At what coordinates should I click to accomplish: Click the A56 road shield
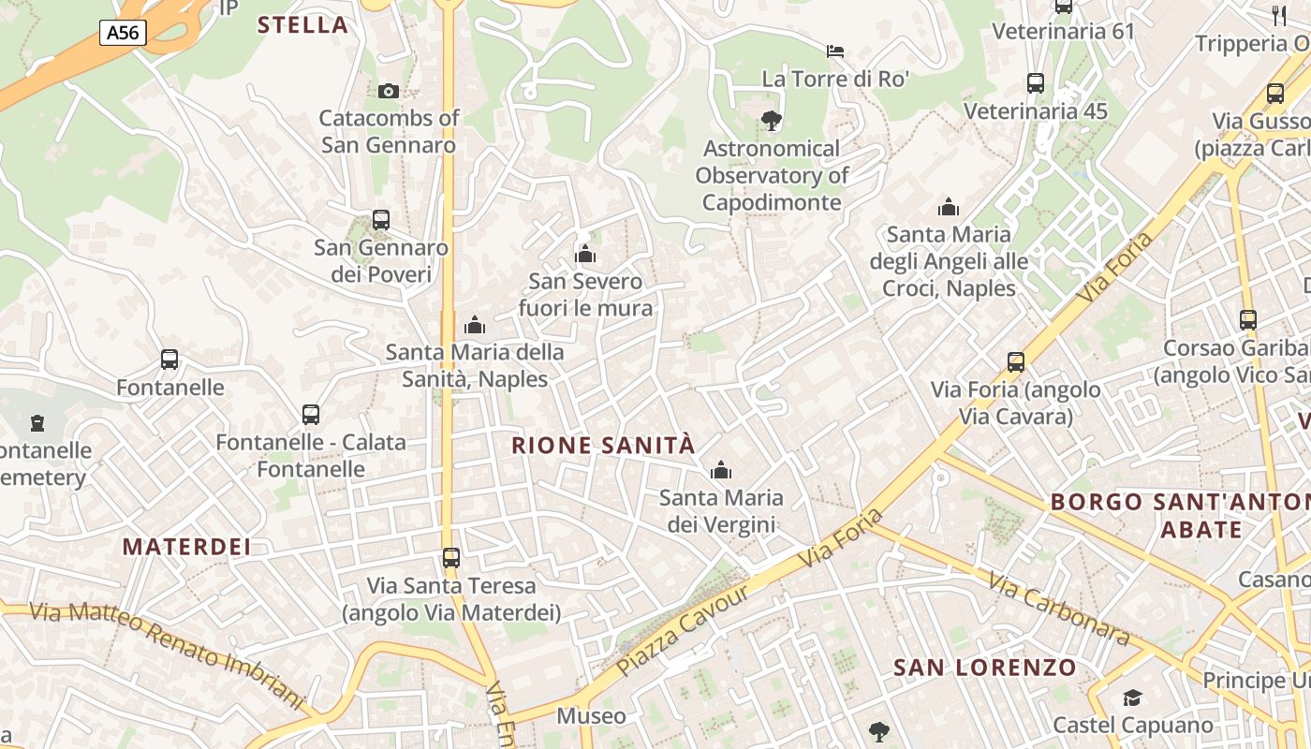(123, 33)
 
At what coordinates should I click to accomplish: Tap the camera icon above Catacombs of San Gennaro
(389, 91)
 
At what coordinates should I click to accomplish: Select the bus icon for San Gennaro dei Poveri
(381, 220)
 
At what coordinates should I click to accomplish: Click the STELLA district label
(302, 25)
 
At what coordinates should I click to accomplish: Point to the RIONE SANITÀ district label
(604, 446)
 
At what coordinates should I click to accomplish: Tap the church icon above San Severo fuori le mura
(585, 254)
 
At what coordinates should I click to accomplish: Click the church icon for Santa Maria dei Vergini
(721, 470)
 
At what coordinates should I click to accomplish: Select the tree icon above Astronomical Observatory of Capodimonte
(772, 120)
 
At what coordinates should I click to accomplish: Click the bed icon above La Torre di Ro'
(835, 51)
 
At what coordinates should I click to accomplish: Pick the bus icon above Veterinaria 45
(1036, 83)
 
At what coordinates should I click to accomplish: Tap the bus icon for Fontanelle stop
(169, 360)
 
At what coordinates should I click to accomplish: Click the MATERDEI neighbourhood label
(187, 547)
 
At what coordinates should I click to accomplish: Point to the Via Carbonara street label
(1059, 609)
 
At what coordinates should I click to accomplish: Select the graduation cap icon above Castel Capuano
(1133, 698)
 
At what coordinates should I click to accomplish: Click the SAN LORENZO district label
(985, 668)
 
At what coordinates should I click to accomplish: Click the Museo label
(592, 716)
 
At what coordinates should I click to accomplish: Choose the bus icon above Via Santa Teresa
(451, 558)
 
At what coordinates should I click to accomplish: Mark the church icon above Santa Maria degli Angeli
(949, 207)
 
